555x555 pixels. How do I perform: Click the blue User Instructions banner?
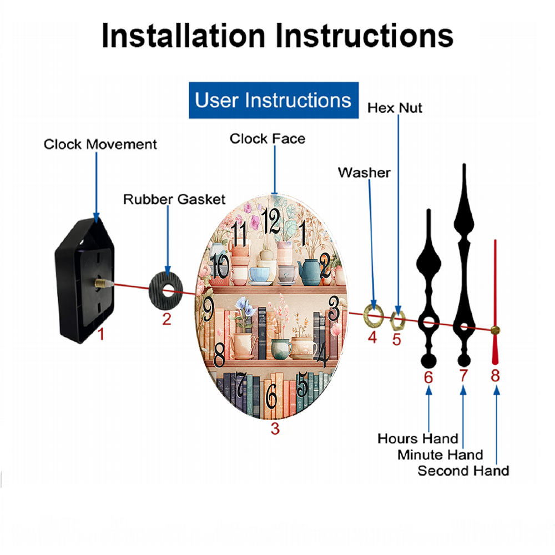click(x=274, y=100)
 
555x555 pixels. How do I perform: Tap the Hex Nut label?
click(x=395, y=108)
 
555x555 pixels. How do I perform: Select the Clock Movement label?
click(x=100, y=144)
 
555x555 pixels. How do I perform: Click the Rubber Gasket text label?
click(x=174, y=199)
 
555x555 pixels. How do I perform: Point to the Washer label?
click(x=364, y=173)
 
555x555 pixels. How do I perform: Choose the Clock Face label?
click(x=268, y=139)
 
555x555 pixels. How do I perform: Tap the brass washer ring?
click(x=374, y=315)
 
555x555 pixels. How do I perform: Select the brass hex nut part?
click(x=397, y=320)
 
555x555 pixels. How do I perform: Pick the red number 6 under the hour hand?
click(x=428, y=377)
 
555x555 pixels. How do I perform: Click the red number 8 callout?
click(x=495, y=376)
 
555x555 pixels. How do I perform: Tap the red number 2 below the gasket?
click(x=167, y=319)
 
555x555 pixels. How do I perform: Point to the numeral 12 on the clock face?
click(x=271, y=221)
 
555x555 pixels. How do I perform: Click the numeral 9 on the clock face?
click(x=208, y=308)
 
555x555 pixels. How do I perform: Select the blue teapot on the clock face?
click(x=310, y=272)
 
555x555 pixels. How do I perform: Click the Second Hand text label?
click(x=463, y=471)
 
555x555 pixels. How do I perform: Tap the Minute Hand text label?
click(x=440, y=455)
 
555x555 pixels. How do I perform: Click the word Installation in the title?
click(x=183, y=36)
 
